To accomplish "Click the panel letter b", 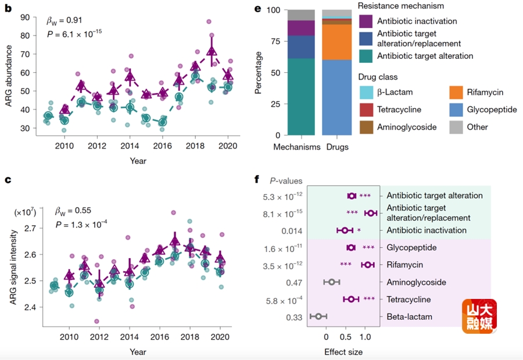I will pyautogui.click(x=8, y=9).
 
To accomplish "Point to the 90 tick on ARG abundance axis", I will pyautogui.click(x=25, y=17).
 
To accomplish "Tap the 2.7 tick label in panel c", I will pyautogui.click(x=26, y=228).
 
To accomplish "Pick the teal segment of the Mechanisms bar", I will pyautogui.click(x=302, y=97).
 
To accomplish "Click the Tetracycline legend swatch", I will pyautogui.click(x=366, y=109).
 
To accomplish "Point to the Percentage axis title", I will pyautogui.click(x=259, y=73).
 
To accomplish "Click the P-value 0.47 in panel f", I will pyautogui.click(x=291, y=283).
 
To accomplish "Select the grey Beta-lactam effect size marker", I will pyautogui.click(x=318, y=317).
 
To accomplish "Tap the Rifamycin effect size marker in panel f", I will pyautogui.click(x=367, y=265).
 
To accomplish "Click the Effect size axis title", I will pyautogui.click(x=343, y=352).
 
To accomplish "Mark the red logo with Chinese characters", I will pyautogui.click(x=479, y=316).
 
